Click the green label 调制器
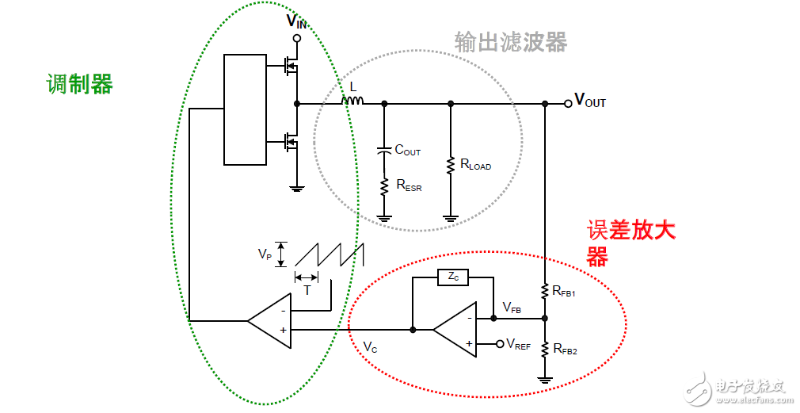click(x=79, y=83)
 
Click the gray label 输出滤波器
click(x=511, y=42)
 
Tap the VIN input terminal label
click(x=295, y=21)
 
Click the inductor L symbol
click(x=352, y=100)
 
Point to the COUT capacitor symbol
click(x=384, y=149)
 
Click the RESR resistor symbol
click(x=384, y=185)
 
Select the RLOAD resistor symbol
click(x=451, y=165)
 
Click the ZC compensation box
click(x=452, y=277)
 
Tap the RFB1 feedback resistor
click(x=545, y=291)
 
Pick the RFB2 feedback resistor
click(x=545, y=349)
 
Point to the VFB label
click(x=512, y=308)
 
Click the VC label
click(x=370, y=346)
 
